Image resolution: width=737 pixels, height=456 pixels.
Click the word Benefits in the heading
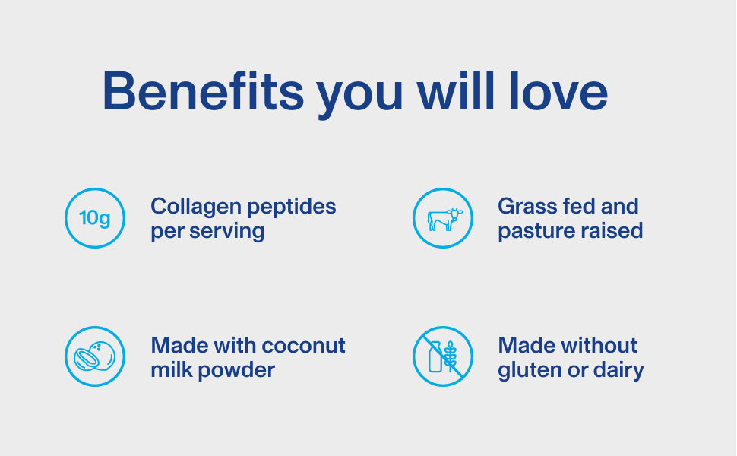click(203, 91)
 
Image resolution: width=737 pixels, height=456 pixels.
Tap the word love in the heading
click(558, 91)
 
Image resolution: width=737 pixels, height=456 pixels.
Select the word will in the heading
click(455, 91)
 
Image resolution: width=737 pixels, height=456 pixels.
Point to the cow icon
click(444, 220)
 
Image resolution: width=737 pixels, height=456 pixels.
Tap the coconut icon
click(95, 356)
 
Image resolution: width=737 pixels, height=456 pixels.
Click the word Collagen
click(195, 207)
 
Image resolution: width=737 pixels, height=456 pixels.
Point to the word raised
click(612, 230)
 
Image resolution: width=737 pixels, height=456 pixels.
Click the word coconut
click(303, 346)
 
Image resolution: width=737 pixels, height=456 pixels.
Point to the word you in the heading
click(359, 97)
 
